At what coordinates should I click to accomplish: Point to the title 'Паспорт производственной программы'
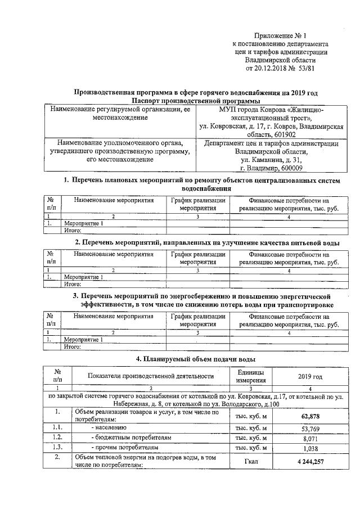[194, 100]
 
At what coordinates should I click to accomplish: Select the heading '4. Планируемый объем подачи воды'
[195, 359]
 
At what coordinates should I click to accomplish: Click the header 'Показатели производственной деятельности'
[151, 376]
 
